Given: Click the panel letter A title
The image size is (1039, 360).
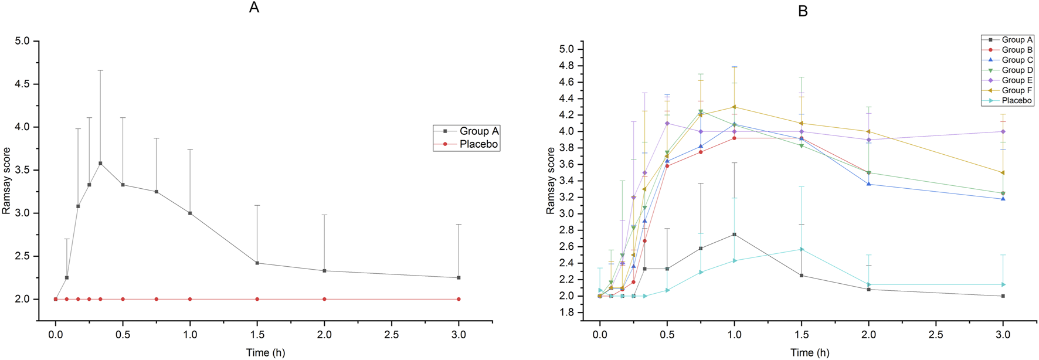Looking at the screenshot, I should click(x=254, y=8).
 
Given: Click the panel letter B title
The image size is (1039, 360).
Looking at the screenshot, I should click(x=803, y=11).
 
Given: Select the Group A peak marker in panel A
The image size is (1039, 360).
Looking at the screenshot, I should click(x=100, y=164).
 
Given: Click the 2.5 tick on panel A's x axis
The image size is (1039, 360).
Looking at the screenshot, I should click(x=391, y=335).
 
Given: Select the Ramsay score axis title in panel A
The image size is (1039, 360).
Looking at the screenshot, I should click(x=7, y=181).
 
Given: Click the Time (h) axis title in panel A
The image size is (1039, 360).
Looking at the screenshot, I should click(x=266, y=352).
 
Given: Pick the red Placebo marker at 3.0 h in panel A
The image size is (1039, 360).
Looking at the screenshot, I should click(x=459, y=299).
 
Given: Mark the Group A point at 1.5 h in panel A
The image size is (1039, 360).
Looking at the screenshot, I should click(x=257, y=263).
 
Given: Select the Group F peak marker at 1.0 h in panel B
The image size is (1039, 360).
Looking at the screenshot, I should click(x=734, y=107).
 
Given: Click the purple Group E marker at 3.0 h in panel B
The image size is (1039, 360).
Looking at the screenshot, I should click(x=1003, y=131).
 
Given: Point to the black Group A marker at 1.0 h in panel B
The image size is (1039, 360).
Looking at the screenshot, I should click(x=734, y=235).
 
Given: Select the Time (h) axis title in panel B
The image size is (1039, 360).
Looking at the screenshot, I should click(x=810, y=352).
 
